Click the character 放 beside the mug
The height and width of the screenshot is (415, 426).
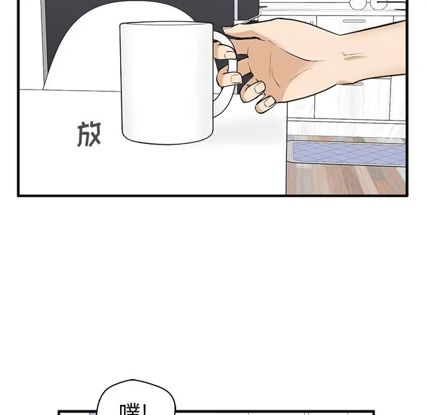tap(89, 135)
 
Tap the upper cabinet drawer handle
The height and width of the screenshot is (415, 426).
tap(354, 21)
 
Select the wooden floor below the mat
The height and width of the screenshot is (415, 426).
tap(349, 181)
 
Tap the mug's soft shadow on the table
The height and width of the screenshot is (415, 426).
tap(248, 127)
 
